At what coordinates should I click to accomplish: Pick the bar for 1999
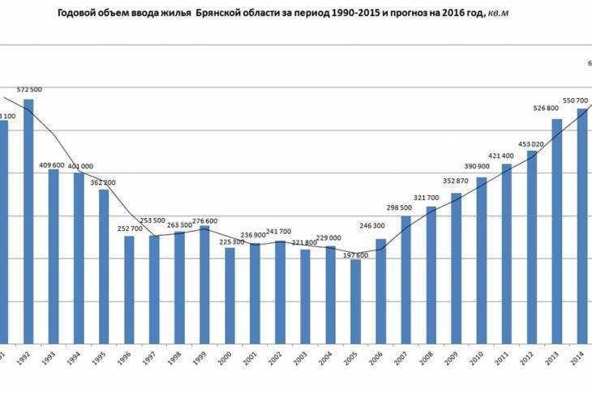[x=204, y=284]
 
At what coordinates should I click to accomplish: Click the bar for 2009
[x=456, y=267]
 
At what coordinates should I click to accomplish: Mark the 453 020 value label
[x=533, y=144]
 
